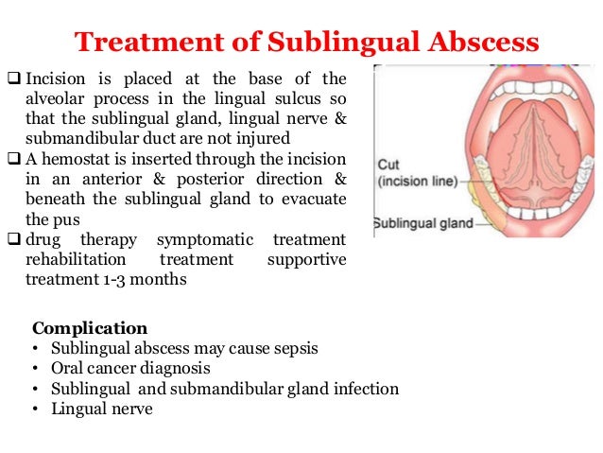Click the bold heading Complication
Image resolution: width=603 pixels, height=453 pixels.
[90, 328]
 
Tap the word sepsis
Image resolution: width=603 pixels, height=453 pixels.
[295, 348]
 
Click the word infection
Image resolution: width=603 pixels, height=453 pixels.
[365, 389]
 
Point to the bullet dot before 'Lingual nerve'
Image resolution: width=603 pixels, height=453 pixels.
[36, 409]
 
